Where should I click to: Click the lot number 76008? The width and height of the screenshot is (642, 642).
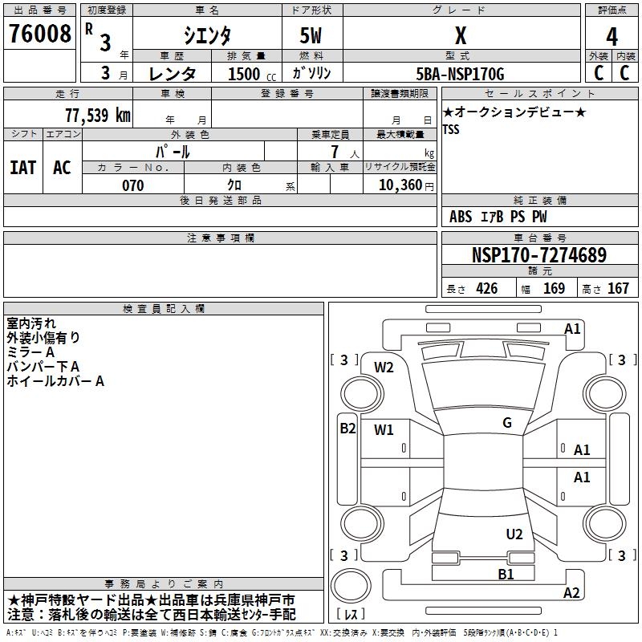(39, 34)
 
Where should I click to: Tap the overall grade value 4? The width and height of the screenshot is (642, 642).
(612, 37)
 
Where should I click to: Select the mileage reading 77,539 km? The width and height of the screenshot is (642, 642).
(98, 116)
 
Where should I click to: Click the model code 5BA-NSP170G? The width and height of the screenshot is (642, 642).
(460, 74)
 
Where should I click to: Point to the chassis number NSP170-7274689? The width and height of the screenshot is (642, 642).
(539, 255)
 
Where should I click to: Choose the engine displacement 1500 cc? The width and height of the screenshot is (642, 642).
(252, 74)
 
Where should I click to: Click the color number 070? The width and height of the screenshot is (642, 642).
(133, 185)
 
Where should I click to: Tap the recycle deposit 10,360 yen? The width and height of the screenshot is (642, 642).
(406, 185)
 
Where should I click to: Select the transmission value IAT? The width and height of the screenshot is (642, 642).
(23, 168)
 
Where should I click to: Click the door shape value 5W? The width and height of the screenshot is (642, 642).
(311, 35)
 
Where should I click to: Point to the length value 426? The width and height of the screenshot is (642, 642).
(487, 289)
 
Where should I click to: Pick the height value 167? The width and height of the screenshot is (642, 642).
(618, 289)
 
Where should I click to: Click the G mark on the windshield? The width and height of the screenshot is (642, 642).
(507, 423)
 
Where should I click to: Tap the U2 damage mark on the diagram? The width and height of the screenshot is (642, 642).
(514, 534)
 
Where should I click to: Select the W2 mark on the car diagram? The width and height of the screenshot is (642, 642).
(384, 368)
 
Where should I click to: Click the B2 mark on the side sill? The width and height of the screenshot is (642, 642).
(347, 429)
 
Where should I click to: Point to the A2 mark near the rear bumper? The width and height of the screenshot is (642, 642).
(571, 593)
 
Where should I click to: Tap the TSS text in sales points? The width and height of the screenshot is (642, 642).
(451, 129)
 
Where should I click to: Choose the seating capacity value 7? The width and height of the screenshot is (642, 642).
(335, 152)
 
